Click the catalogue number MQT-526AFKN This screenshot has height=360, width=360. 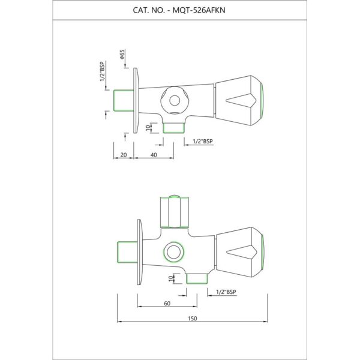pos(199,10)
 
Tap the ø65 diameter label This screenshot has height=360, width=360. pos(122,54)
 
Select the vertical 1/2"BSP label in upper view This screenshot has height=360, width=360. pos(102,71)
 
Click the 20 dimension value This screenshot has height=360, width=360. pos(124,155)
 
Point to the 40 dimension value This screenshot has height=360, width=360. pos(154,155)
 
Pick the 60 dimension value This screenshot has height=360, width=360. pos(167,304)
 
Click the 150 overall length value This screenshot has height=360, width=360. pos(193,319)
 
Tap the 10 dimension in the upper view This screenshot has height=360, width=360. pos(149,128)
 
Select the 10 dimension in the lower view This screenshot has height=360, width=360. pos(171,278)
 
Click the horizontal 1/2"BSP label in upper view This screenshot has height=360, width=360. pos(203,142)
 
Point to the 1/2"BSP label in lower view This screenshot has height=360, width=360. pos(226,292)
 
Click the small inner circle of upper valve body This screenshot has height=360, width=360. pos(175,101)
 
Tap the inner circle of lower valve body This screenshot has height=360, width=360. pos(173,252)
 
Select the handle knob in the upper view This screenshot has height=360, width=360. pos(239,100)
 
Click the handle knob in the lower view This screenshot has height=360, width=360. pos(240,252)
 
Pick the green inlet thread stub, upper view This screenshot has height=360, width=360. pos(124,101)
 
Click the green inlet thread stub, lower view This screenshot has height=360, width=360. pos(127,252)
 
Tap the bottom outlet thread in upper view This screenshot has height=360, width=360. pos(174,128)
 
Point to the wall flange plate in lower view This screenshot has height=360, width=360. pos(140,252)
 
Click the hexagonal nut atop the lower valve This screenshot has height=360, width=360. pos(175,212)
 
